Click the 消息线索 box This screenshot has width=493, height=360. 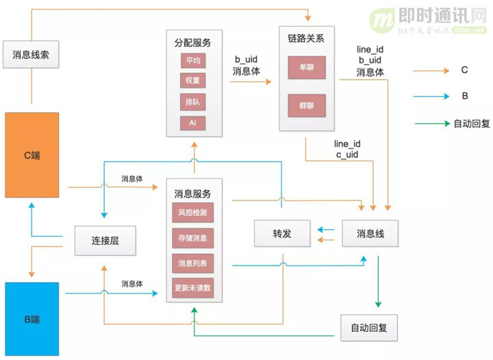[31, 55]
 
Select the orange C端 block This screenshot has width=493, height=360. [31, 155]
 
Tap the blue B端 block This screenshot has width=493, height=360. [31, 318]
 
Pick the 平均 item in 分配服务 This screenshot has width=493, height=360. [192, 61]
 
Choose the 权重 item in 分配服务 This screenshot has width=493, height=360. [192, 81]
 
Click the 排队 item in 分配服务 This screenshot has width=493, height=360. [192, 102]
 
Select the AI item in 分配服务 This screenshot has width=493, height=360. [192, 123]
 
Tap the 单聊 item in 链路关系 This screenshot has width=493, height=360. [307, 68]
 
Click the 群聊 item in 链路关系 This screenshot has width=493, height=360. [307, 106]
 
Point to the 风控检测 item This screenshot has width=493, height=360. [192, 213]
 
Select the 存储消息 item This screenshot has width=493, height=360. [192, 238]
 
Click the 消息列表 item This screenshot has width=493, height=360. [192, 263]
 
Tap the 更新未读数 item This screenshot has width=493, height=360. [192, 288]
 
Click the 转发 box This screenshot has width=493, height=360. [282, 233]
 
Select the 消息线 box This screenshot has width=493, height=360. [370, 233]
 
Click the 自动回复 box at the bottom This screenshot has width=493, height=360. [368, 328]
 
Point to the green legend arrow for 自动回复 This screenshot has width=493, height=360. [431, 124]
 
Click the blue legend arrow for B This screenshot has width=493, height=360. [431, 97]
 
